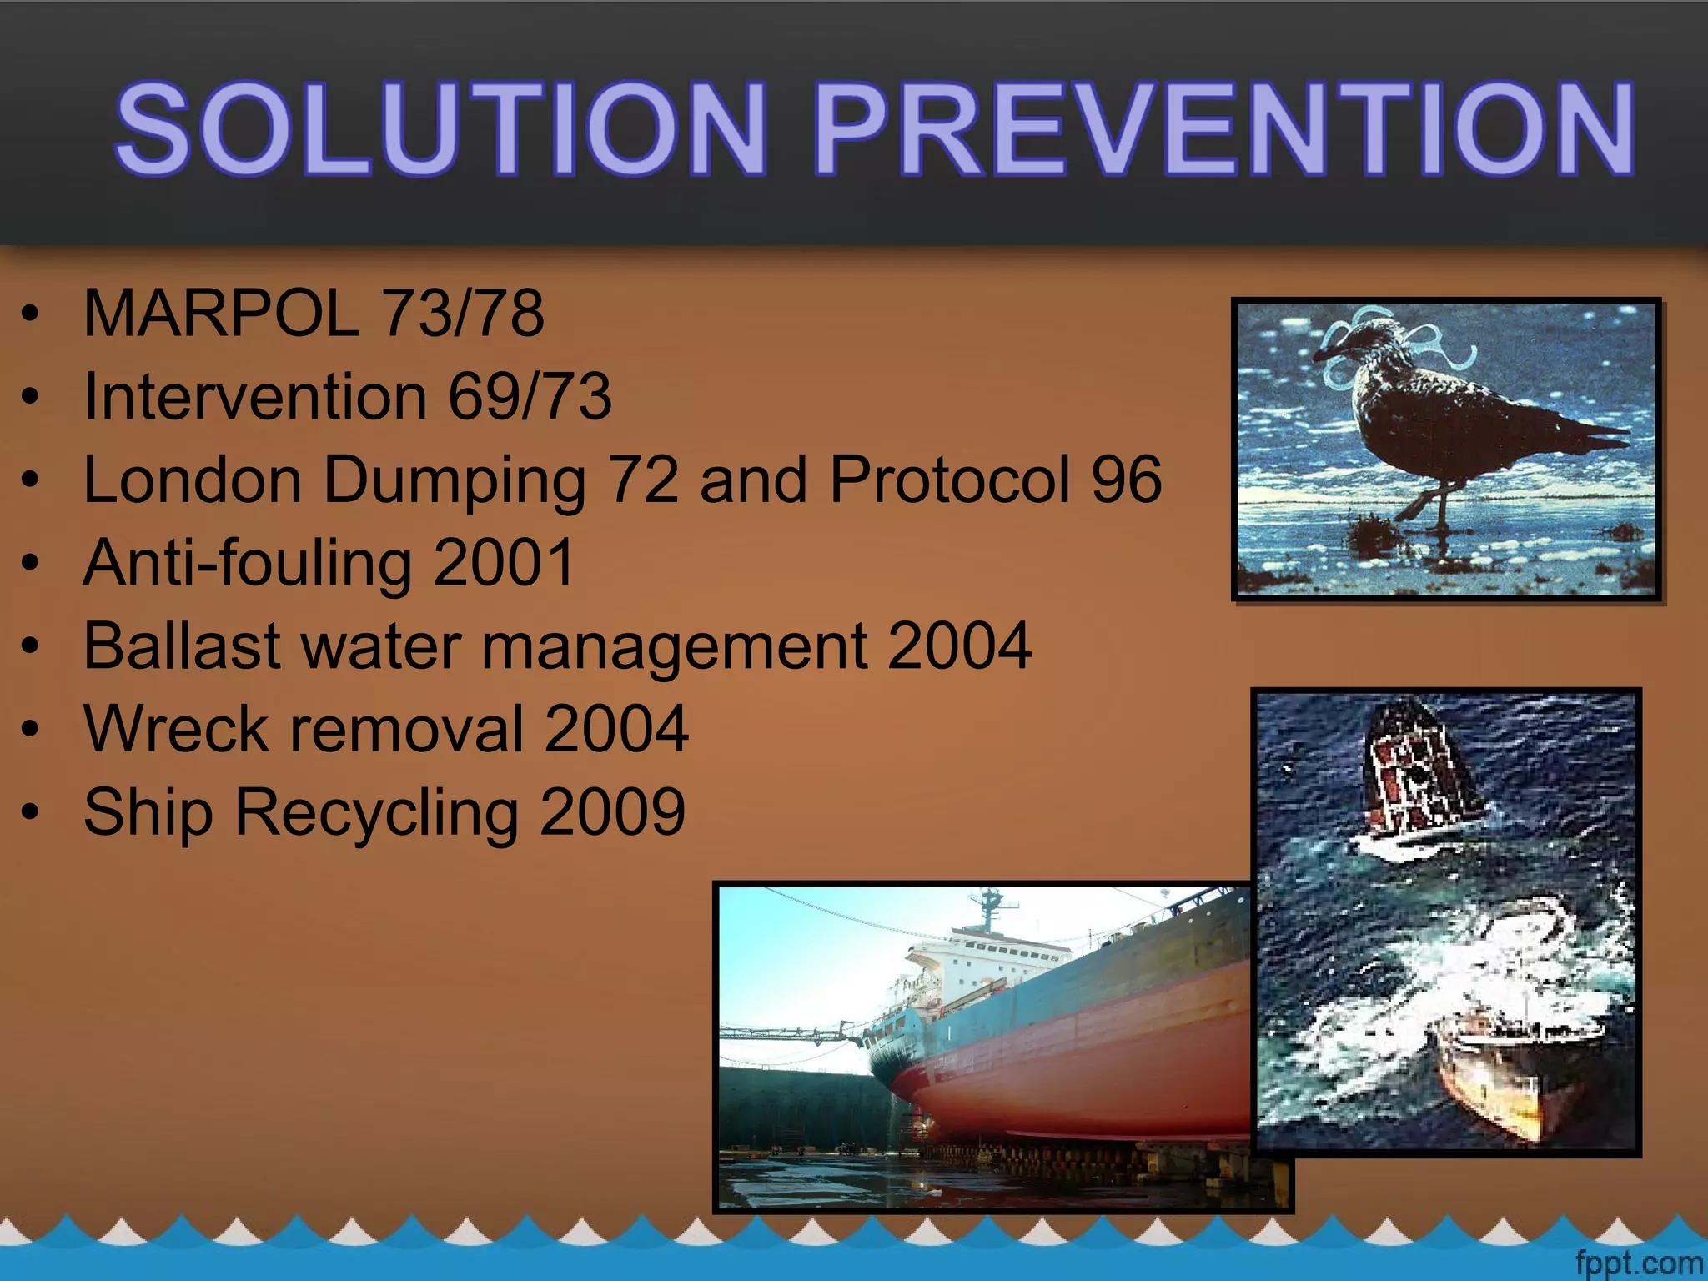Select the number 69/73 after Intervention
pyautogui.click(x=530, y=396)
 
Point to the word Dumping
pyautogui.click(x=455, y=481)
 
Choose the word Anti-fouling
pyautogui.click(x=247, y=564)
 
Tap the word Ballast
pyautogui.click(x=182, y=646)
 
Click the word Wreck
pyautogui.click(x=176, y=729)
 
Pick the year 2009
pyautogui.click(x=613, y=811)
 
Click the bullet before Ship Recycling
pyautogui.click(x=31, y=811)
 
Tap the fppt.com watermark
pyautogui.click(x=1639, y=1263)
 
